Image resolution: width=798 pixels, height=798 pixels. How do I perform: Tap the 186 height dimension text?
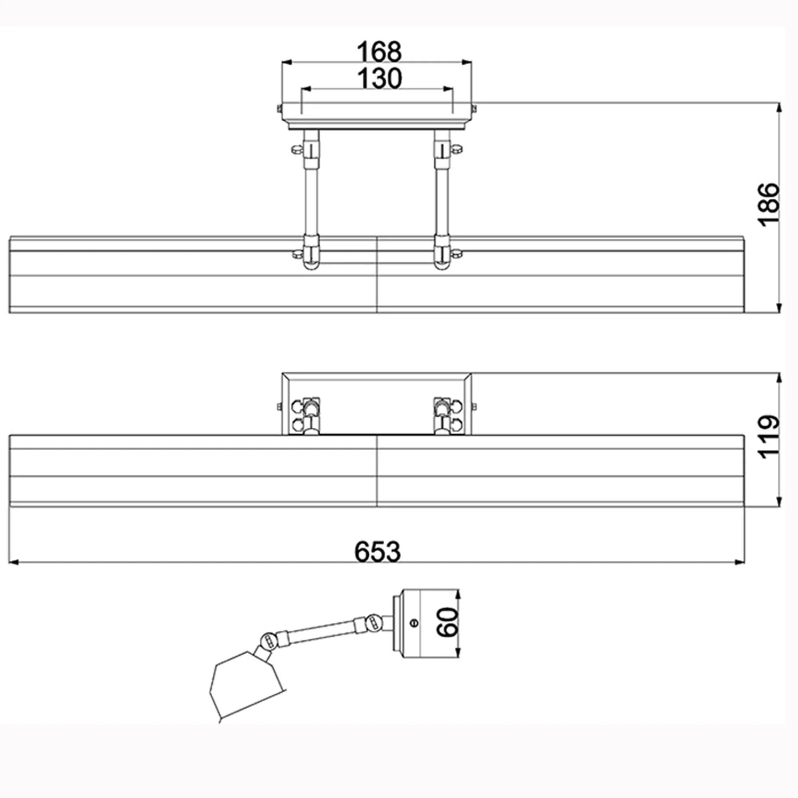(768, 204)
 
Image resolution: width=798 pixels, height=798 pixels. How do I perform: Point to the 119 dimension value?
(768, 436)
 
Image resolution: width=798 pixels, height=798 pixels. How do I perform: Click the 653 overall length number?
(377, 551)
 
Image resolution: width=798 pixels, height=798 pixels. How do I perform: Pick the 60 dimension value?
(447, 622)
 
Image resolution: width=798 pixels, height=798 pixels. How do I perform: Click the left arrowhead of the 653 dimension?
(14, 562)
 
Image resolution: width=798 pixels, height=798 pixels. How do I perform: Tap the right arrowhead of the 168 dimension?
(467, 62)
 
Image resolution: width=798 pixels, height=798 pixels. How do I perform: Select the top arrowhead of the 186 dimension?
(779, 108)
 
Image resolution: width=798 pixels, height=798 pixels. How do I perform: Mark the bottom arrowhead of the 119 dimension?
(779, 502)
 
